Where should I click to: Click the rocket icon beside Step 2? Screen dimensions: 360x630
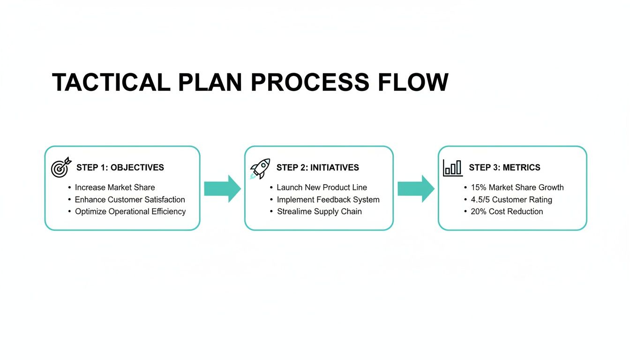[x=260, y=168]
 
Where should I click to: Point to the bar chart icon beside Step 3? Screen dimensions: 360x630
[x=453, y=168]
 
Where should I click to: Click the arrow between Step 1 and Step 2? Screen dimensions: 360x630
[x=222, y=188]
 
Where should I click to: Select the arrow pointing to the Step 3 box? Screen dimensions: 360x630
[x=416, y=188]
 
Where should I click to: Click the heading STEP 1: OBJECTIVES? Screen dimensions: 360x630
[x=120, y=167]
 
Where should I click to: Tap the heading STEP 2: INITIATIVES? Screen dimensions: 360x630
[x=317, y=167]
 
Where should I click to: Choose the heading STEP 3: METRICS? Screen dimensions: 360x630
[x=504, y=167]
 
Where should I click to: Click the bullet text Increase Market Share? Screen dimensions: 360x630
[x=115, y=187]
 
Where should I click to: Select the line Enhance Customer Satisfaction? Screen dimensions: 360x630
[x=130, y=200]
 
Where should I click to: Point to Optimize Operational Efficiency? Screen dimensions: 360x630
[x=130, y=211]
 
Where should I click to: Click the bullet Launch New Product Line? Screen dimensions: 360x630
[x=322, y=187]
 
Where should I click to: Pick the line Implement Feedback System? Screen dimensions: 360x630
[x=328, y=200]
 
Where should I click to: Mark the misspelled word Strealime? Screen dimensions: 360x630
[x=294, y=211]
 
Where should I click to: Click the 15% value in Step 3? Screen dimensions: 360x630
[x=479, y=187]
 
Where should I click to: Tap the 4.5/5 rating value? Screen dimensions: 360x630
[x=480, y=200]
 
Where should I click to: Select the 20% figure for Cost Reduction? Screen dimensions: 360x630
[x=479, y=211]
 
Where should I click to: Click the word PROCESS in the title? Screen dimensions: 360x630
[x=310, y=82]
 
